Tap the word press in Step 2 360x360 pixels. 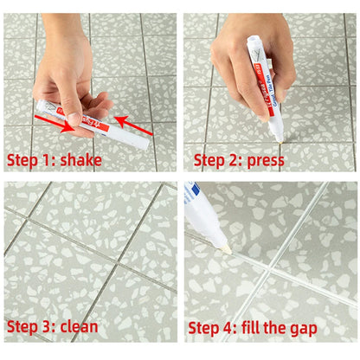(x=267, y=160)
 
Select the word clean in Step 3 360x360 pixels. (x=77, y=327)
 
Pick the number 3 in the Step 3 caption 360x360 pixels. (x=48, y=327)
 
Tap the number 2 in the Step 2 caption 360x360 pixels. (x=235, y=160)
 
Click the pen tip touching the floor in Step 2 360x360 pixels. (x=276, y=136)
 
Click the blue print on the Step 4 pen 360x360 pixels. (x=192, y=191)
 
